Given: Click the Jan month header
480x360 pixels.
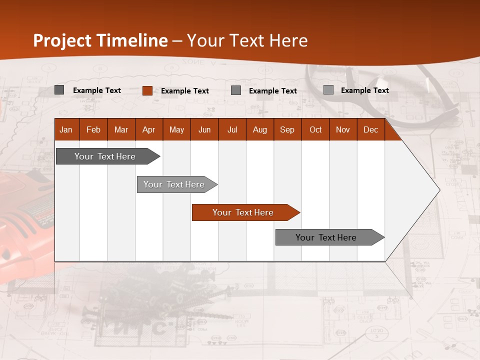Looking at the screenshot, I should pos(66,129).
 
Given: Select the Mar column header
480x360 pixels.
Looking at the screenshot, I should pos(121,129).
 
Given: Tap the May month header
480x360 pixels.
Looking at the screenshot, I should pos(176,129).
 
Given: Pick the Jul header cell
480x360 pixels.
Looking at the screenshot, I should pos(232,129).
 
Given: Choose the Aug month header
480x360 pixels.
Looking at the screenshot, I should pos(259,129).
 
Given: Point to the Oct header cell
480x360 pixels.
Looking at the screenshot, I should pos(315,129).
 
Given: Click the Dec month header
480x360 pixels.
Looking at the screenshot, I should pos(370,129).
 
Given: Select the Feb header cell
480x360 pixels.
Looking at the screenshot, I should pos(93,129).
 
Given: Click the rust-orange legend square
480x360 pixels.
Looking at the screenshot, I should pos(147,90).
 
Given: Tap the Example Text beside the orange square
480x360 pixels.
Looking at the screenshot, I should pos(184,91).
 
